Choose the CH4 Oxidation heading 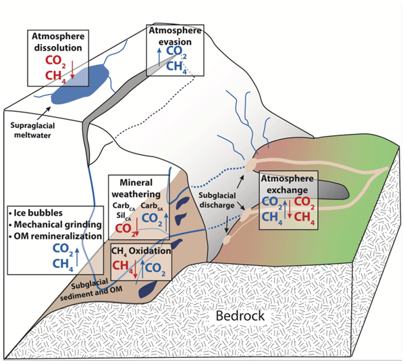coord(140,252)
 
